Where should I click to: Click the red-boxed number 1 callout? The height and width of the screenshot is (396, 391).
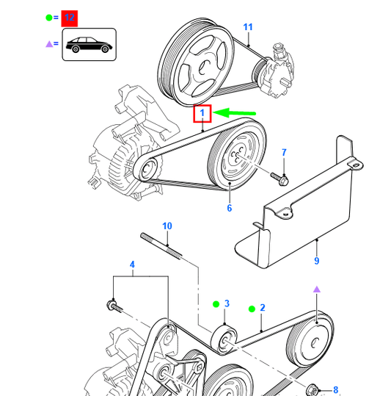coord(202,114)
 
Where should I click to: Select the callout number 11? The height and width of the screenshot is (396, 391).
coord(247,27)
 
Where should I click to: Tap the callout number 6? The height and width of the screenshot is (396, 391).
coord(229,209)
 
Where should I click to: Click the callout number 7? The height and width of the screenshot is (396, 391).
coord(284,152)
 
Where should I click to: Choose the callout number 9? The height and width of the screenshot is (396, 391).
coord(317,259)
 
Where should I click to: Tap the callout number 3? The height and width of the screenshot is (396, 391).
coord(227,303)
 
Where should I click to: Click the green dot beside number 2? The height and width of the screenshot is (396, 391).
coord(251,309)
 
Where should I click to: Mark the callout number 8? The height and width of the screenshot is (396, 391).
coord(335,389)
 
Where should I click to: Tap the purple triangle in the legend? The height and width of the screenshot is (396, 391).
coord(49,45)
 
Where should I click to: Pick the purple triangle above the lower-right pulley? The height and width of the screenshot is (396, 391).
coord(317,290)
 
